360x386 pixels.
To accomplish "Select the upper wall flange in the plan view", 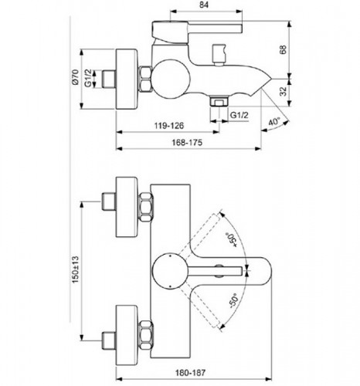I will point(126,207).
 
